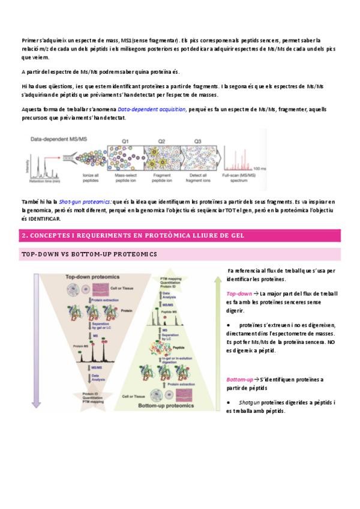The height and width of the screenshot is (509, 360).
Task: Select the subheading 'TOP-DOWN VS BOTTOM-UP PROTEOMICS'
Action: tap(89, 254)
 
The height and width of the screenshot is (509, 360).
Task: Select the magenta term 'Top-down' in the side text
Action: tap(239, 294)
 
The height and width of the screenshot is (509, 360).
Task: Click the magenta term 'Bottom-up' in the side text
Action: tap(240, 380)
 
